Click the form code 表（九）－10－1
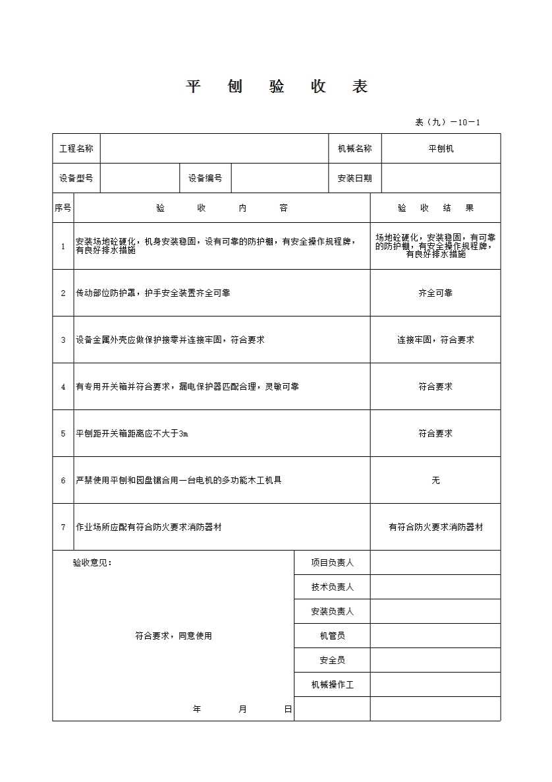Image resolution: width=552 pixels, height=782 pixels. [448, 122]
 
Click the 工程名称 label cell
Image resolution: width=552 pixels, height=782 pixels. [76, 148]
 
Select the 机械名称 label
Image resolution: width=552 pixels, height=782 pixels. [354, 148]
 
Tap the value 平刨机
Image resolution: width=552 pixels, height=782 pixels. [441, 148]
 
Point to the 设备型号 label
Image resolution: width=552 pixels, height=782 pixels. [76, 178]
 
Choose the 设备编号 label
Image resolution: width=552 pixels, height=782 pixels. [205, 178]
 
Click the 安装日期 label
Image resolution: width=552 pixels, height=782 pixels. [354, 178]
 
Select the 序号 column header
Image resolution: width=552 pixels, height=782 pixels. [63, 208]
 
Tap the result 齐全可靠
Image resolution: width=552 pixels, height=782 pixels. [435, 293]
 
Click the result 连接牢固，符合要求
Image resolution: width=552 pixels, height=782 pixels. [435, 340]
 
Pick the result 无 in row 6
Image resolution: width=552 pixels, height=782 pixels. [435, 480]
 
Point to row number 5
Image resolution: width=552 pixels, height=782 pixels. [63, 433]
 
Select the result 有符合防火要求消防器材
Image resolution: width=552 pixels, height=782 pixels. [435, 527]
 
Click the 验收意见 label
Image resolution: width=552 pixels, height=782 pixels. [92, 562]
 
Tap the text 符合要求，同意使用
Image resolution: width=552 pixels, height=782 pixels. [174, 636]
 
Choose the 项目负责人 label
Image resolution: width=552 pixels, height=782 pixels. [332, 562]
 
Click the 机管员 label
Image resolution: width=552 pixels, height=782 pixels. [332, 636]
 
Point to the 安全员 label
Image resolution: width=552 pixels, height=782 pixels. [332, 660]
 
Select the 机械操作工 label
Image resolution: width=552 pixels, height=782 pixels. [332, 684]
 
